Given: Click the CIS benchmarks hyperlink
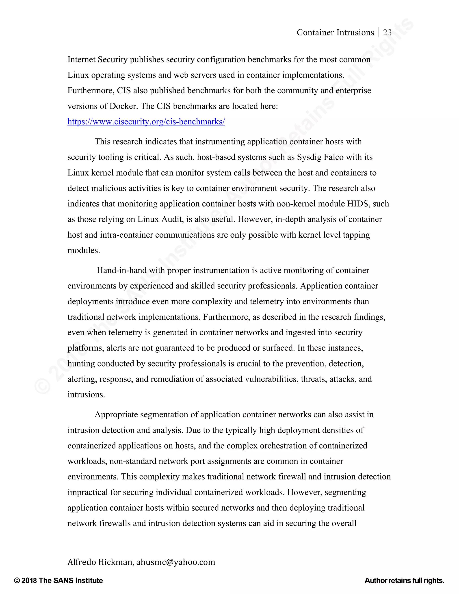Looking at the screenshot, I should point(146,121).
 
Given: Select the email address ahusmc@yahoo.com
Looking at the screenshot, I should point(176,562).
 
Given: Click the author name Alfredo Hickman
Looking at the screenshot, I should point(100,562).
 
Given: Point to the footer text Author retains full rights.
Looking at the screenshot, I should point(404,580).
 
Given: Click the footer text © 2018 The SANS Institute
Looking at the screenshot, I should point(58,580).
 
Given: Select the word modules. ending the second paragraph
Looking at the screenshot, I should point(83,250).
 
